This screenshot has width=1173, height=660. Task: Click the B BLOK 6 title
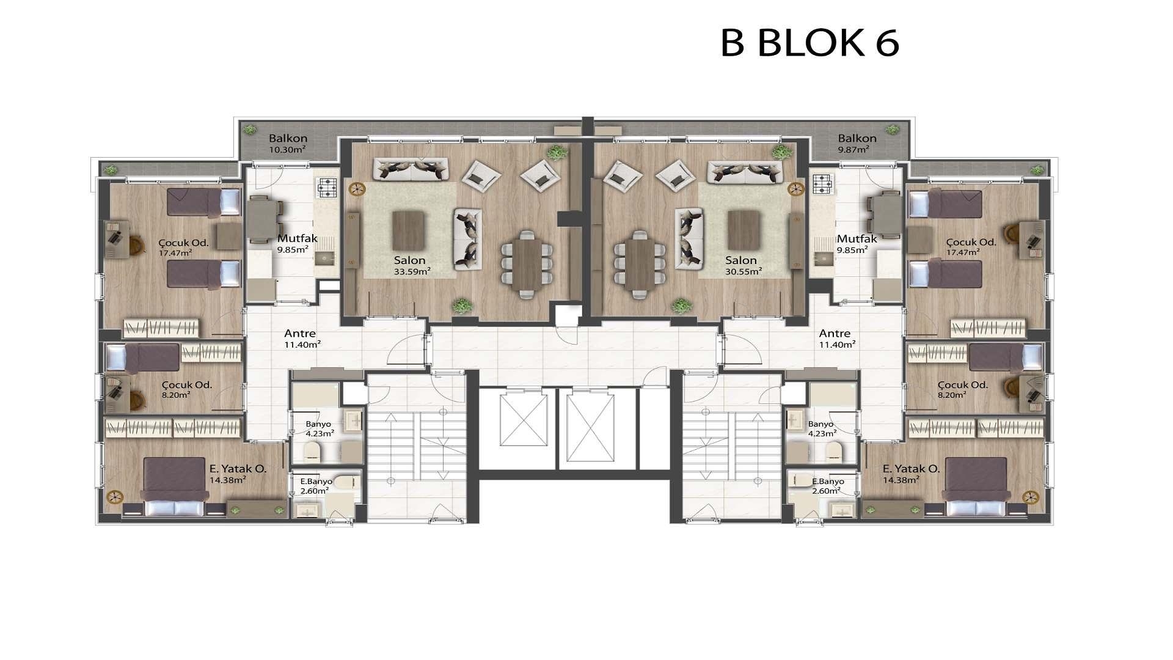pos(809,42)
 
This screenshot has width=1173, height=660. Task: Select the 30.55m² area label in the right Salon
pos(743,271)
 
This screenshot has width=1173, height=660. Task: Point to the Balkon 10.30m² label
pos(288,144)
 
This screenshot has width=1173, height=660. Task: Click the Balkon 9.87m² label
pos(857,144)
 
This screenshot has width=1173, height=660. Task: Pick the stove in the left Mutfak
pos(326,186)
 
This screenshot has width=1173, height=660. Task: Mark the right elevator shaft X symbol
pos(590,428)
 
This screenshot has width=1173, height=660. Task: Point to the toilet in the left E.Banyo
pos(349,483)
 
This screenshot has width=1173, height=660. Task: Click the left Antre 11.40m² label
pos(301,338)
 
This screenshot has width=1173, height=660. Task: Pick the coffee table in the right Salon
pos(743,229)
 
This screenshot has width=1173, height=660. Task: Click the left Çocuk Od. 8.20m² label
pos(186,389)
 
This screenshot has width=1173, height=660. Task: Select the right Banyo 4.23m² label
pos(822,428)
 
